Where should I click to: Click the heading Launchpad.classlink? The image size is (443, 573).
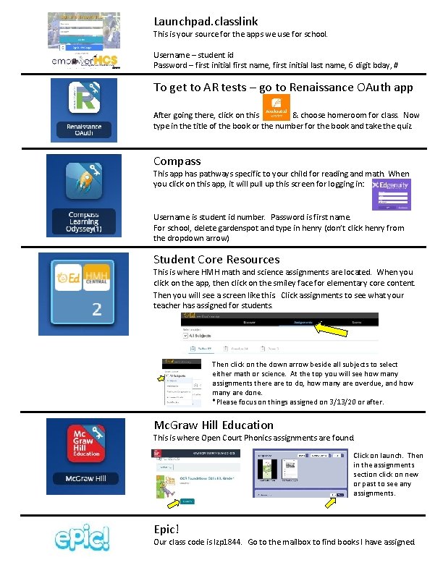click(206, 22)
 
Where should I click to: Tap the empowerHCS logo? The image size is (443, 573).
click(86, 61)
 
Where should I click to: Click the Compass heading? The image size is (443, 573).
click(177, 161)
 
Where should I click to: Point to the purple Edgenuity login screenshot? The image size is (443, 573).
click(390, 194)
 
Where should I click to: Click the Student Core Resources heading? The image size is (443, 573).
click(216, 259)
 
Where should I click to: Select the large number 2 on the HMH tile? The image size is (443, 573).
click(96, 309)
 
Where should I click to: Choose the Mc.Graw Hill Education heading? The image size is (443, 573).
click(214, 425)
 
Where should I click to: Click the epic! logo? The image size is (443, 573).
click(83, 538)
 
